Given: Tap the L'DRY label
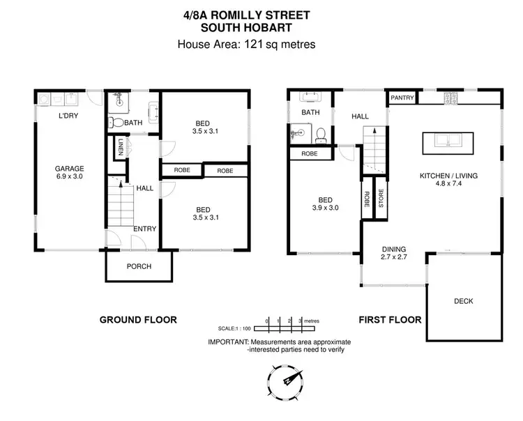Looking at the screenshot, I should coord(68,116).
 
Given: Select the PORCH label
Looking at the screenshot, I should coord(139,266).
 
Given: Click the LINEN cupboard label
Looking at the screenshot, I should coord(121,148).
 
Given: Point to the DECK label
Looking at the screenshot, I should coord(463,301).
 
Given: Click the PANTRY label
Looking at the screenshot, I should coord(402,98).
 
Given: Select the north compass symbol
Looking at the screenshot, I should coord(287,382).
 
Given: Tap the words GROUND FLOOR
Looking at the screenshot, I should coord(138,320).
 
